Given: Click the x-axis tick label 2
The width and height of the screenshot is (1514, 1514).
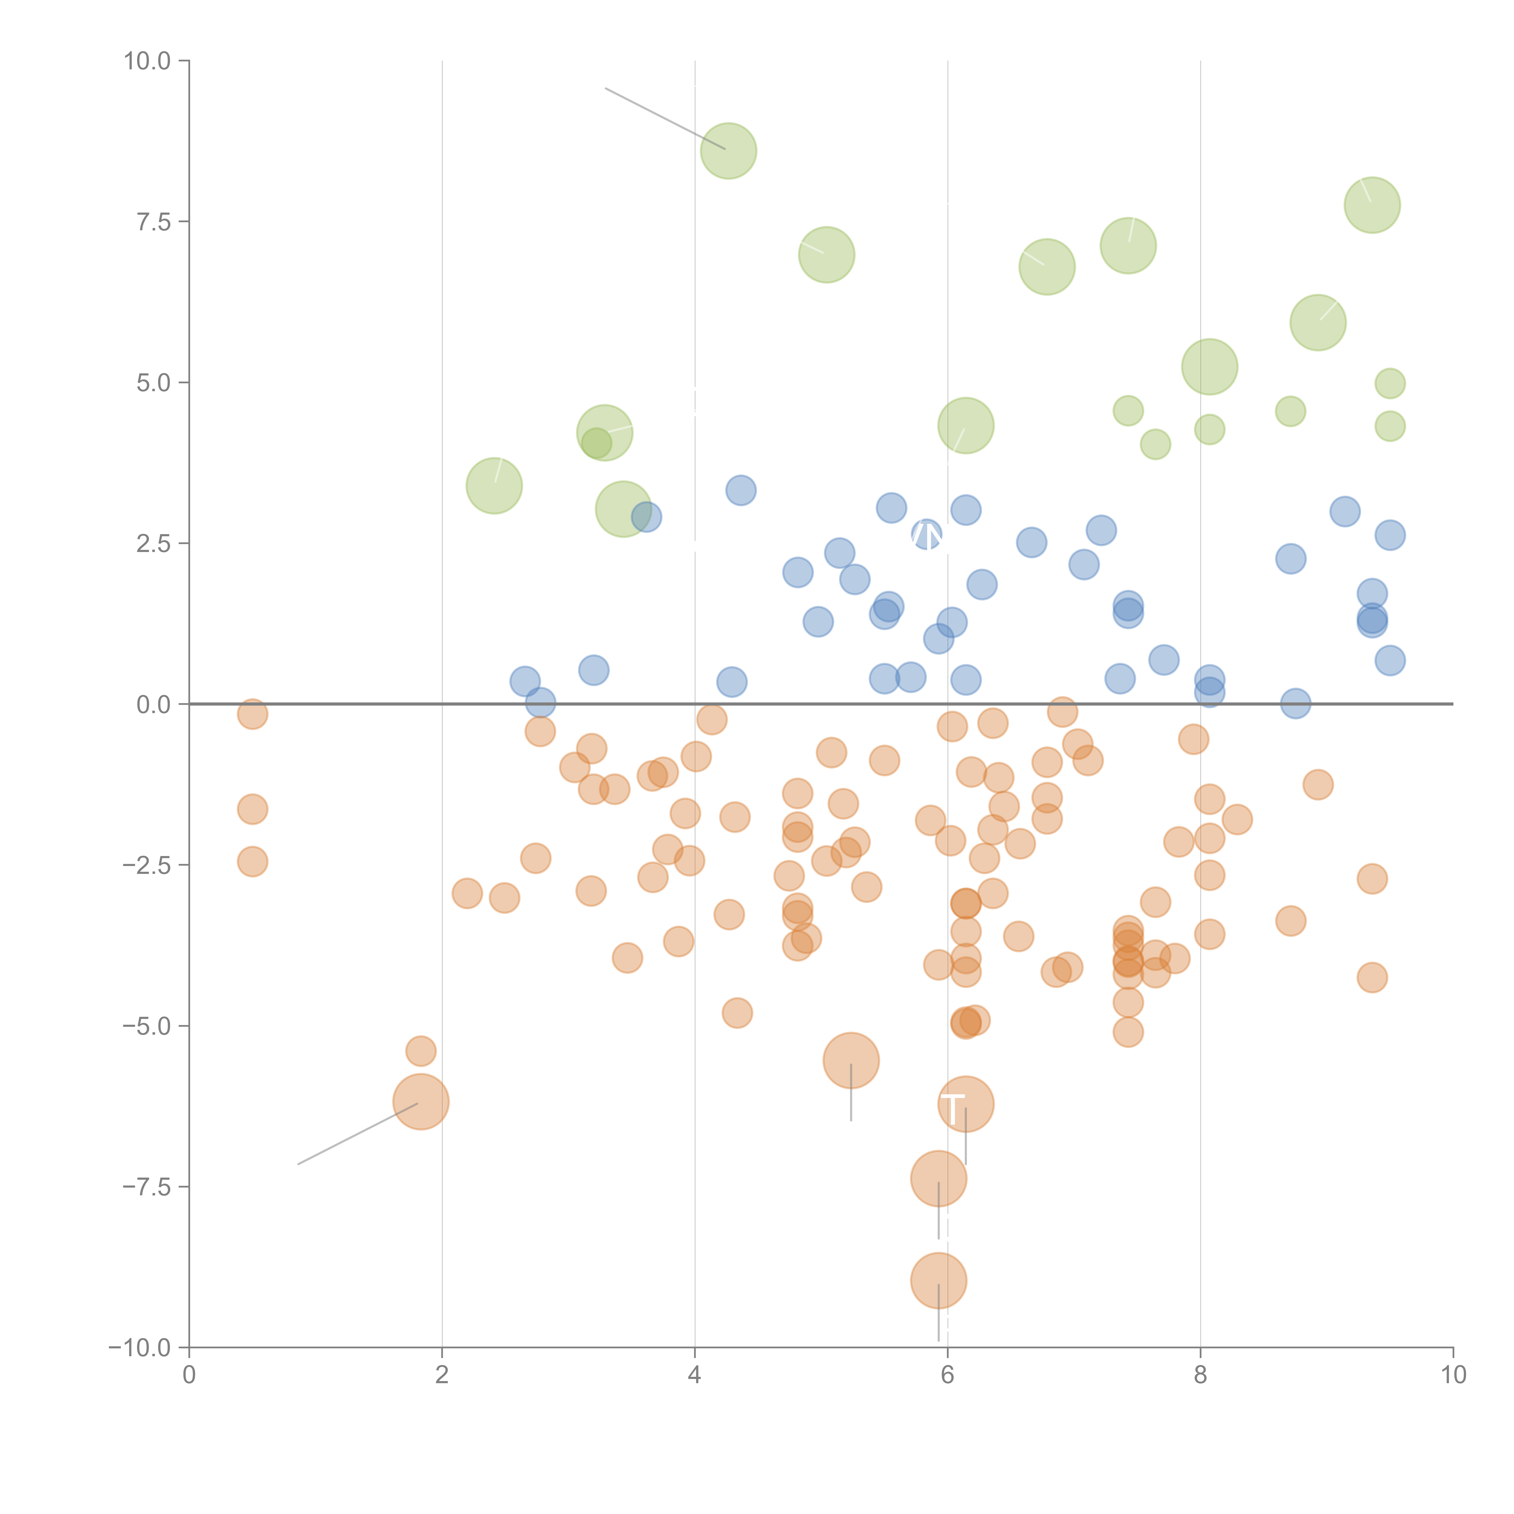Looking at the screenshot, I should (442, 1375).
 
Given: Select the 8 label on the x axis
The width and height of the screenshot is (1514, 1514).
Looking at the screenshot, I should (1201, 1375).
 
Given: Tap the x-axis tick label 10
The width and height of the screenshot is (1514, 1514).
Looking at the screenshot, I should (1453, 1375).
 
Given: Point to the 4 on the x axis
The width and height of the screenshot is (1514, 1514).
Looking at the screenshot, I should (694, 1375).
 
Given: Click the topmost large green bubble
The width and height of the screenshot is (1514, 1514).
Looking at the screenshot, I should (729, 150).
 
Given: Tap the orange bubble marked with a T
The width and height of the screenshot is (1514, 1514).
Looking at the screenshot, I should (965, 1104).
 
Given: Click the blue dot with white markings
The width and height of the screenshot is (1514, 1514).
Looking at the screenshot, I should (927, 534).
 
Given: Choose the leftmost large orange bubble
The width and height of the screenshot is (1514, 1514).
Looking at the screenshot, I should (421, 1102).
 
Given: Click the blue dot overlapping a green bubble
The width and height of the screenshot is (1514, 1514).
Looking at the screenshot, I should (646, 517).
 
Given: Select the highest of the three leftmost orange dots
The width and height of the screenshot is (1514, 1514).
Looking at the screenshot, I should (252, 714).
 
